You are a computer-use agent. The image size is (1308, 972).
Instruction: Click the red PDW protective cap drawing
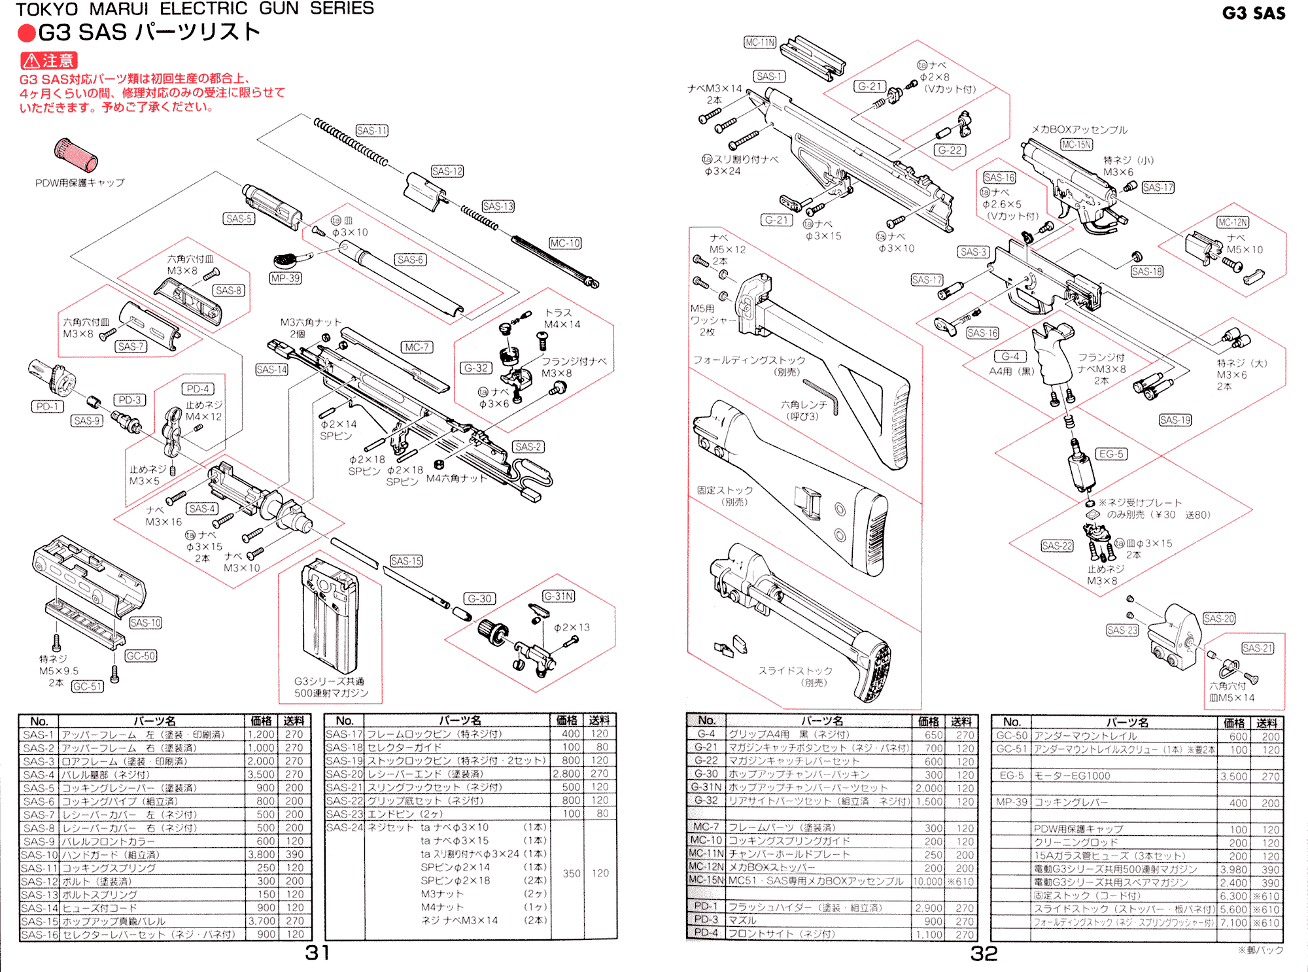[76, 155]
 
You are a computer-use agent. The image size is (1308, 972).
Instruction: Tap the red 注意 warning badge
[49, 61]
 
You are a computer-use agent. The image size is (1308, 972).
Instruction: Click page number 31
[317, 952]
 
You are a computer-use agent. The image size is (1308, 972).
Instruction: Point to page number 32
[984, 953]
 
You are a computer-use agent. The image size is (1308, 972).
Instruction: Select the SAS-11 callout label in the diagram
[371, 131]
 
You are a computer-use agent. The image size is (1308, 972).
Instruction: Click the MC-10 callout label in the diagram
[565, 243]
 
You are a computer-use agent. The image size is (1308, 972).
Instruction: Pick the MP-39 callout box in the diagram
[286, 278]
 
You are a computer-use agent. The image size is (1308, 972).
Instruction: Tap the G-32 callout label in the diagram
[476, 368]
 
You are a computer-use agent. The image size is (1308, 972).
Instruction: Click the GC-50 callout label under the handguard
[141, 656]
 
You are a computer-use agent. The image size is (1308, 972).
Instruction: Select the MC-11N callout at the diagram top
[760, 43]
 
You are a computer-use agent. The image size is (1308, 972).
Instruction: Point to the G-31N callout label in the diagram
[559, 596]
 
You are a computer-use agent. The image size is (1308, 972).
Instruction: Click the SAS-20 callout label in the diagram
[1219, 618]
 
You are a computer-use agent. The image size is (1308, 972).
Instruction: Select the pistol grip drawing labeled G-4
[1053, 353]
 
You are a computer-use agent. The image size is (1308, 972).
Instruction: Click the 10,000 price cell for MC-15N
[927, 881]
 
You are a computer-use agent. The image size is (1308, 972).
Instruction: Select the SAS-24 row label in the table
[344, 827]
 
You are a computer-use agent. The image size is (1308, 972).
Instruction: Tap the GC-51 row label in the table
[1011, 749]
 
